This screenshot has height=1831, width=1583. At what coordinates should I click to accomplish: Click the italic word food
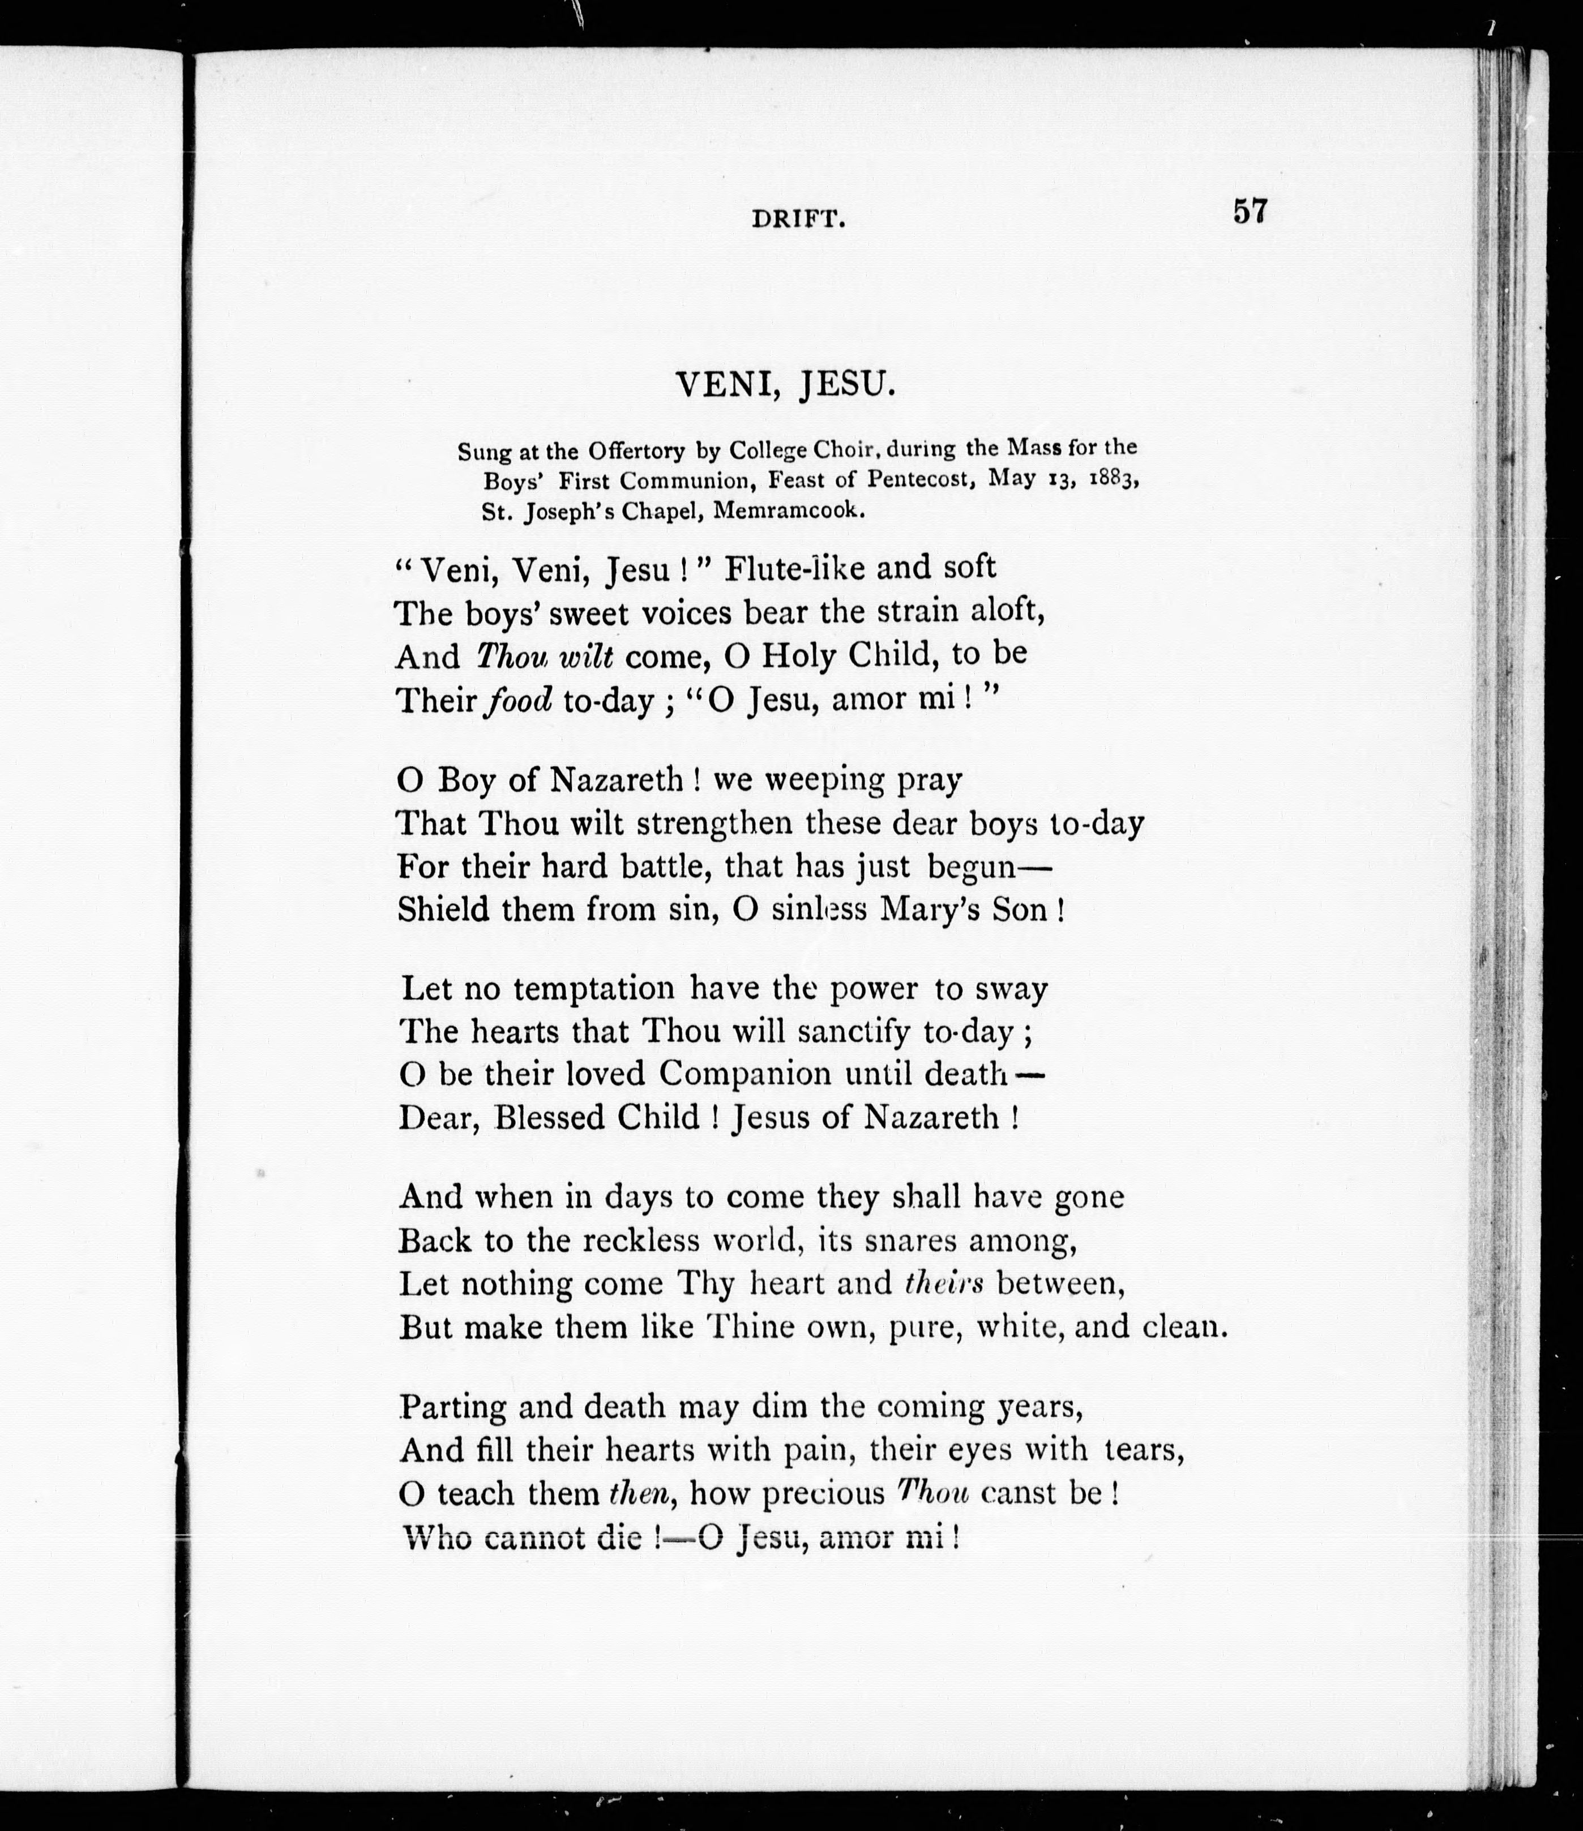[x=519, y=699]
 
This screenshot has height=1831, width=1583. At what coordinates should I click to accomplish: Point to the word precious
[x=823, y=1493]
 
